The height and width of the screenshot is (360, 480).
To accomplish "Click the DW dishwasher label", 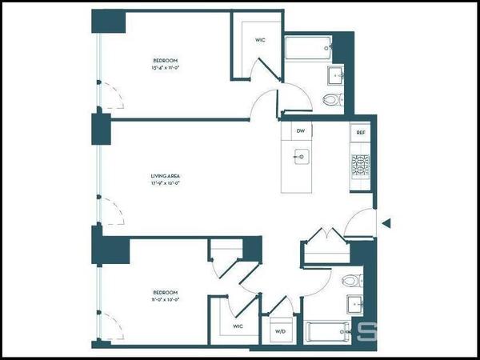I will [301, 130].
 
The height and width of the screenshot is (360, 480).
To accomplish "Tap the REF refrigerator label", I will [360, 131].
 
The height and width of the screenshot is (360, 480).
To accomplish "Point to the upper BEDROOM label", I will [166, 60].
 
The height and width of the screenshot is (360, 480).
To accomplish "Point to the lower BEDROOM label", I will [166, 293].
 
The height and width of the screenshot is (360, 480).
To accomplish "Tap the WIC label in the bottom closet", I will [238, 326].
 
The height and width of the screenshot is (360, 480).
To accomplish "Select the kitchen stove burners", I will [359, 165].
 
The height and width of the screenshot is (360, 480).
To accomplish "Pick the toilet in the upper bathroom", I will [333, 100].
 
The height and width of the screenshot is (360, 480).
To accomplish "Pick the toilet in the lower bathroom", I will [350, 281].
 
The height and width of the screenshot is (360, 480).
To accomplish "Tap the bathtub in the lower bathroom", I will [328, 330].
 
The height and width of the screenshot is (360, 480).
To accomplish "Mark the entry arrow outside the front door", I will [386, 224].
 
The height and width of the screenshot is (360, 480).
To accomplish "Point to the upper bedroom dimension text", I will [166, 68].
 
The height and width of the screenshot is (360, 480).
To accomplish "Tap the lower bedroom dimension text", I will [166, 301].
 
